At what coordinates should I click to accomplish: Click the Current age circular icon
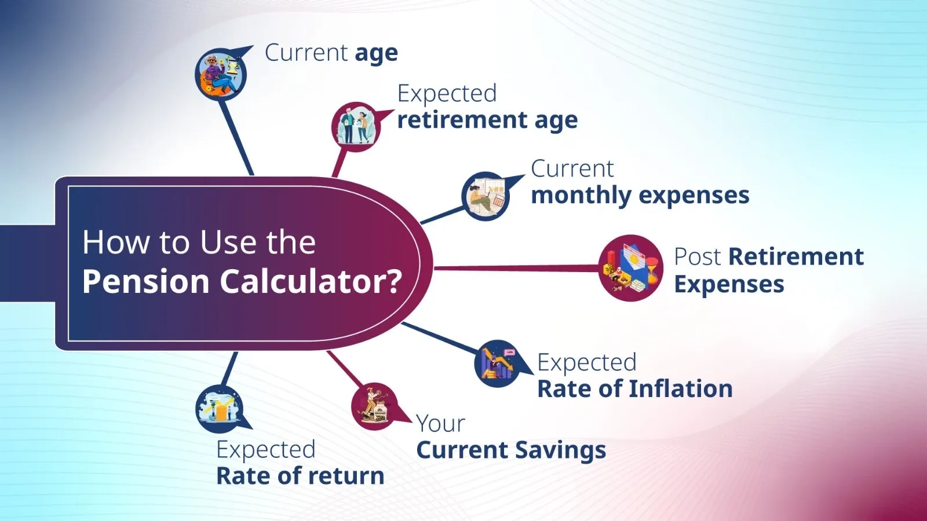pyautogui.click(x=220, y=74)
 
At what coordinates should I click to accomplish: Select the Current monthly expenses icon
pyautogui.click(x=486, y=196)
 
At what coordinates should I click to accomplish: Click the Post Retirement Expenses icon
pyautogui.click(x=630, y=268)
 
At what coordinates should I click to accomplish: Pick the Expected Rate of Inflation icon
pyautogui.click(x=497, y=364)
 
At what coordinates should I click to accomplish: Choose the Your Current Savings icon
pyautogui.click(x=375, y=406)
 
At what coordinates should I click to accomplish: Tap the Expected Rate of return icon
pyautogui.click(x=220, y=409)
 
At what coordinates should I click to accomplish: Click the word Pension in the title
pyautogui.click(x=145, y=282)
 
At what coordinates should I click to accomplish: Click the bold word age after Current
pyautogui.click(x=376, y=54)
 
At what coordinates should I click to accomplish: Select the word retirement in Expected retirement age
pyautogui.click(x=462, y=120)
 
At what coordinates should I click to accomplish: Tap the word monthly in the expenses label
pyautogui.click(x=581, y=196)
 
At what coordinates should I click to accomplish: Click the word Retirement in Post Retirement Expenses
pyautogui.click(x=795, y=256)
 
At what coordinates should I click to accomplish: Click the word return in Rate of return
pyautogui.click(x=349, y=476)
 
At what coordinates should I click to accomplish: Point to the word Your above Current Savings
pyautogui.click(x=440, y=424)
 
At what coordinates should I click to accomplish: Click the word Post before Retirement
pyautogui.click(x=698, y=256)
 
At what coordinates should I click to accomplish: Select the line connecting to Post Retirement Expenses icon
pyautogui.click(x=516, y=268)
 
